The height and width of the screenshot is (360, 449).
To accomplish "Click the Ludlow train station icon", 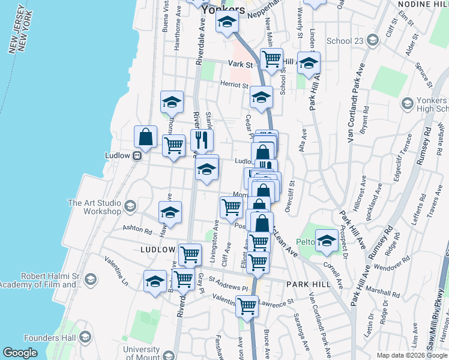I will point(137,155).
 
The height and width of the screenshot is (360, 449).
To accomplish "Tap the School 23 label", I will point(345,41).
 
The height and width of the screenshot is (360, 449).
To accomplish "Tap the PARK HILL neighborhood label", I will point(309,283).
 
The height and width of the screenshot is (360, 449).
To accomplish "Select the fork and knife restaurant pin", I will point(202,140).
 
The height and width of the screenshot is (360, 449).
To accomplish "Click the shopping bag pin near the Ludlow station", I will point(146,137).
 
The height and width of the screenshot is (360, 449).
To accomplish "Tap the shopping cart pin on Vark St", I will point(272,59).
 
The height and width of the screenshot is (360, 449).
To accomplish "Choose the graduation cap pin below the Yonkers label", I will point(228,23).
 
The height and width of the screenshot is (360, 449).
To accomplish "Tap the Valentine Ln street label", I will point(116,271).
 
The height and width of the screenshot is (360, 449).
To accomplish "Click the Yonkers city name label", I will point(223,10).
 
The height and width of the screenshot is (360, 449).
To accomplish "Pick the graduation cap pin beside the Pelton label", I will point(327,241).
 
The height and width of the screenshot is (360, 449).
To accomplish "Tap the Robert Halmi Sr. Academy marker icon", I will point(90,279).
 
